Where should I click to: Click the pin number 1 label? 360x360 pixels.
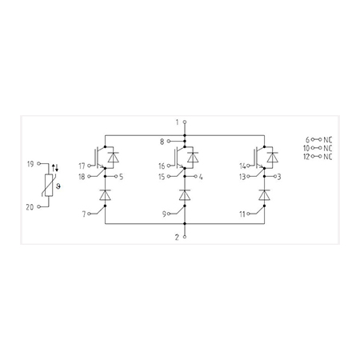[x=177, y=122]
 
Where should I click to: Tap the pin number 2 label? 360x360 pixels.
[x=177, y=237]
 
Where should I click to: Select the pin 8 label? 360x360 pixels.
[x=162, y=142]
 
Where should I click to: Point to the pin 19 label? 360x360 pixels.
[x=30, y=164]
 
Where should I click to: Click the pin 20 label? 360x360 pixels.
[x=30, y=207]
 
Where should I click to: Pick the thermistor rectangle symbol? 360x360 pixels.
[x=49, y=185]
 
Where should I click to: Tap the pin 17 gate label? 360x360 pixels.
[x=82, y=166]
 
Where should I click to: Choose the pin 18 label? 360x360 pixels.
[x=82, y=177]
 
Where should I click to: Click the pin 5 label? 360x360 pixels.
[x=122, y=177]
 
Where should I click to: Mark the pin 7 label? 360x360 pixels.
[x=84, y=214]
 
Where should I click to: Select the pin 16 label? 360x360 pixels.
[x=162, y=166]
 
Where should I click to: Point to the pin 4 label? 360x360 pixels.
[x=201, y=177]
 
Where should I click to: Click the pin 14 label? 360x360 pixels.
[x=242, y=166]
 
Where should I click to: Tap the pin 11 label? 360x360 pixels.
[x=242, y=214]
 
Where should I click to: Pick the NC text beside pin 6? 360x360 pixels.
[x=328, y=140]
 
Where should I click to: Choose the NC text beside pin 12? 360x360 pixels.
[x=328, y=157]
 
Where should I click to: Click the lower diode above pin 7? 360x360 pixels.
[x=105, y=194]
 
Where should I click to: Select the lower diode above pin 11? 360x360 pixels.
[x=264, y=194]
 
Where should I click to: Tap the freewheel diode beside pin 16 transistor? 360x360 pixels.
[x=193, y=157]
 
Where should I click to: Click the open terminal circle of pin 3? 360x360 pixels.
[x=275, y=176]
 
